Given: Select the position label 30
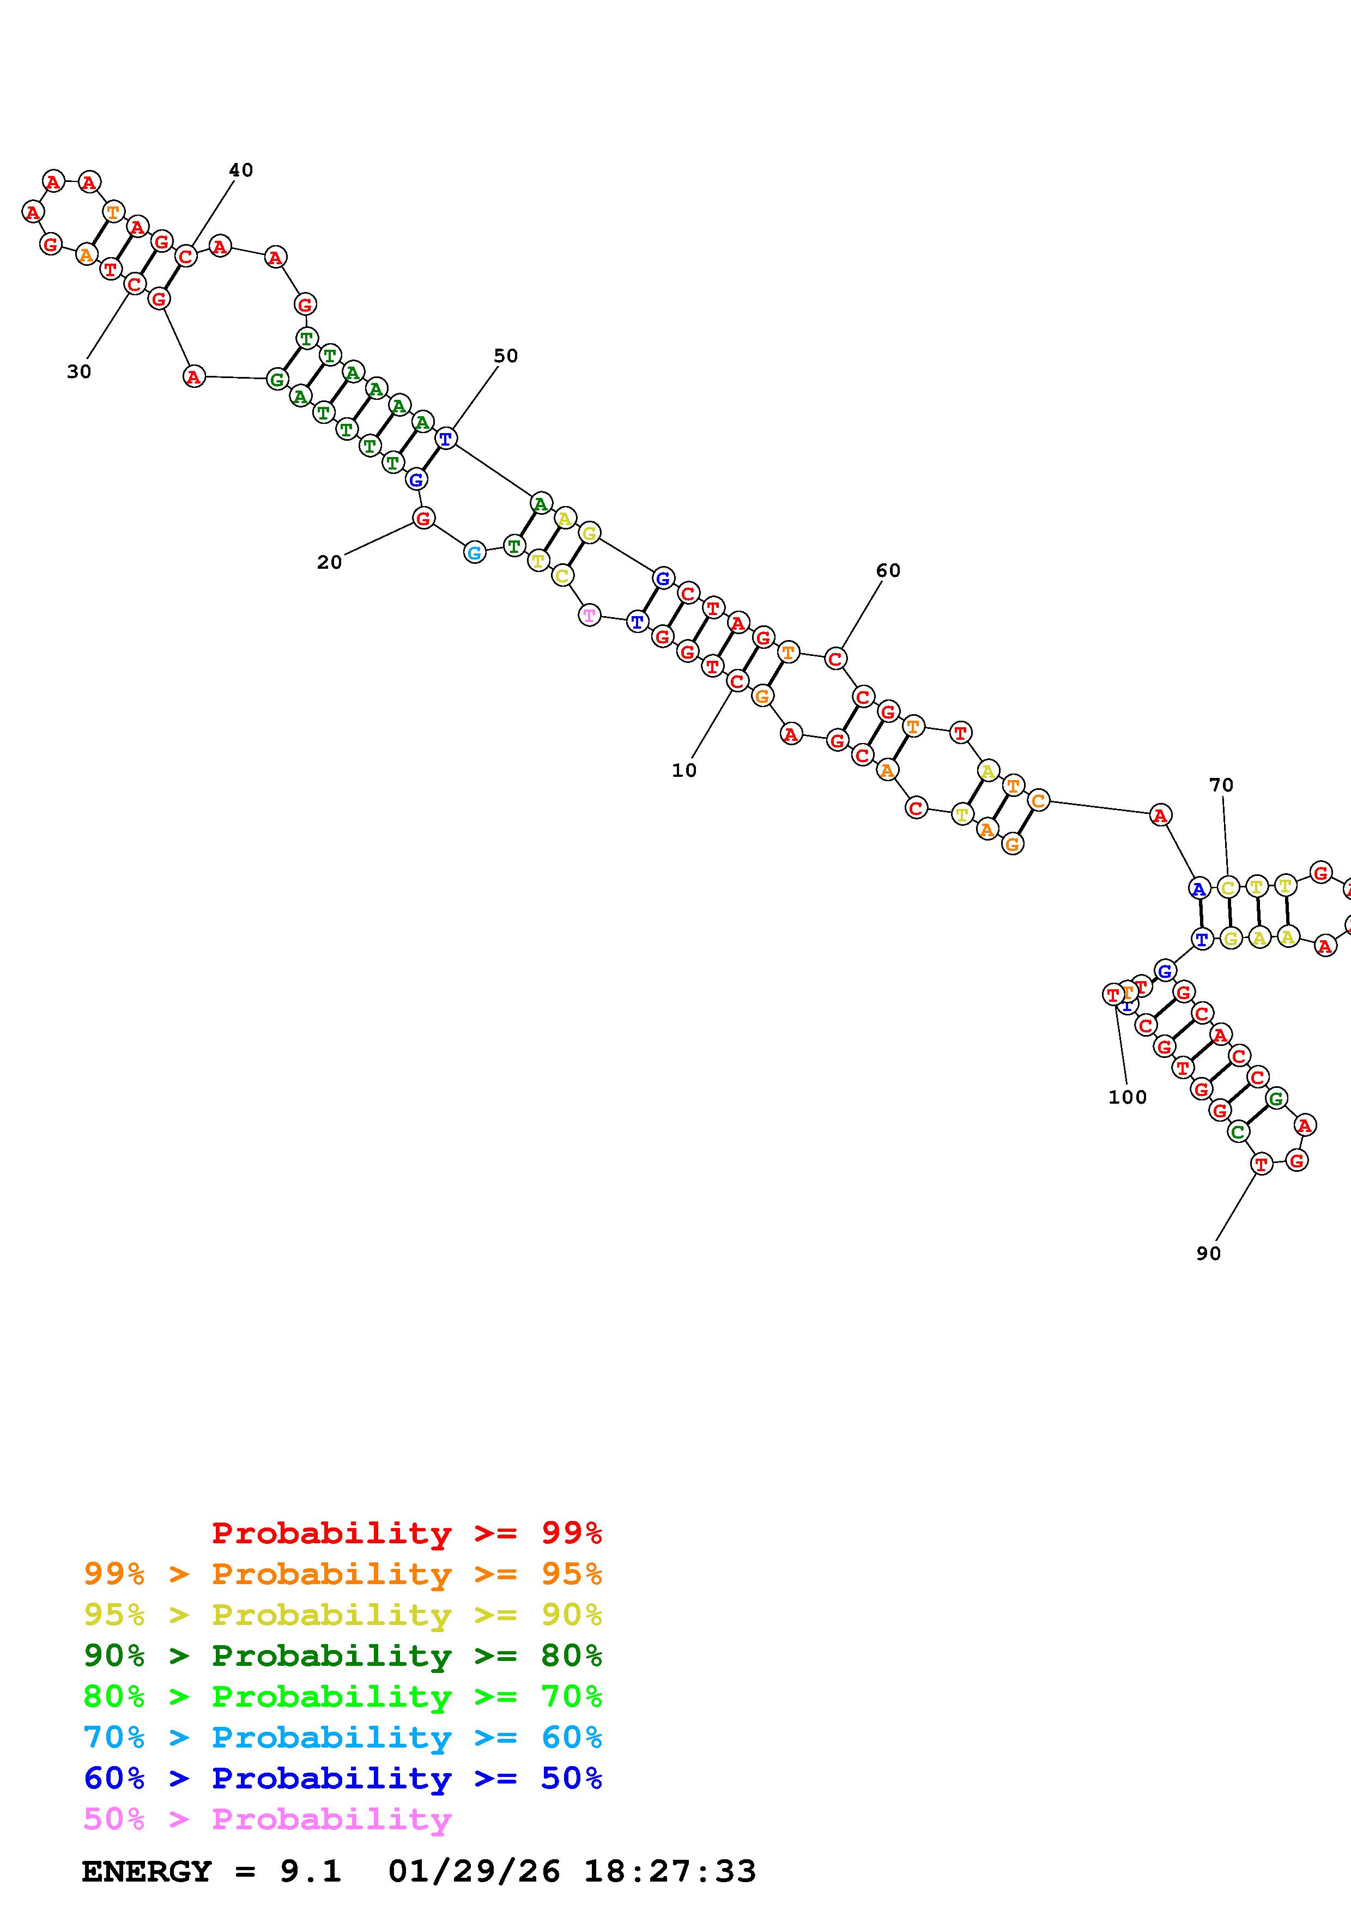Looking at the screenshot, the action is tap(79, 372).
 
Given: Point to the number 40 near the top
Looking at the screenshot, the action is tap(240, 170).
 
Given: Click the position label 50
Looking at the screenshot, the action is tap(505, 356).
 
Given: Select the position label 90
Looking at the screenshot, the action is tap(1208, 1253).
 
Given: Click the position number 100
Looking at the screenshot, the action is tap(1127, 1097).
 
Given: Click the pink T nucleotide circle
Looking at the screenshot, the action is tap(589, 615).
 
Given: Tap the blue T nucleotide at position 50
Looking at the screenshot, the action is tap(446, 438).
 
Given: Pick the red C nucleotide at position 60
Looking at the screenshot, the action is tap(835, 659).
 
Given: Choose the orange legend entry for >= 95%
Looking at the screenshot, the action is tap(342, 1574).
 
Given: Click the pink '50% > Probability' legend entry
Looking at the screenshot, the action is tap(267, 1818).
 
